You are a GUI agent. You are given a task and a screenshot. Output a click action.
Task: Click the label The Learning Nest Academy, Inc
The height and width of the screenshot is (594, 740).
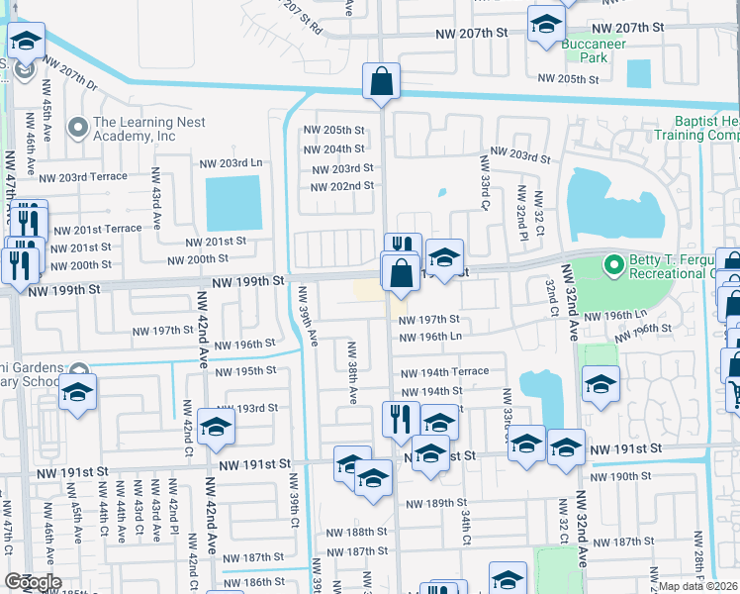pyautogui.click(x=135, y=129)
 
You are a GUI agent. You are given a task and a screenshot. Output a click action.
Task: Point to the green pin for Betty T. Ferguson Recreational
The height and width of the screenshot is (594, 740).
pyautogui.click(x=613, y=265)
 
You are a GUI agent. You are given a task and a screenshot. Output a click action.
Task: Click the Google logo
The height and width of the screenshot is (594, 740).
pyautogui.click(x=33, y=582)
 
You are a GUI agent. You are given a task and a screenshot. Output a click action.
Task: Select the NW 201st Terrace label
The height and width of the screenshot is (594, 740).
pyautogui.click(x=97, y=228)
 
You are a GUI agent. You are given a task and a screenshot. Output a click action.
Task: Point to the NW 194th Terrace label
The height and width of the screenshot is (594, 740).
pyautogui.click(x=444, y=371)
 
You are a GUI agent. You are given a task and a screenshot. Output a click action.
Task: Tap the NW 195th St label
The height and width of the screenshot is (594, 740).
pyautogui.click(x=242, y=370)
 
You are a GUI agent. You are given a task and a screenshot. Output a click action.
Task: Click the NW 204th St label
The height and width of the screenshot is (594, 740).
pyautogui.click(x=333, y=148)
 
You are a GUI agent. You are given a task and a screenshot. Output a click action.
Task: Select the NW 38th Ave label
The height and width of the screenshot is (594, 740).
pyautogui.click(x=350, y=374)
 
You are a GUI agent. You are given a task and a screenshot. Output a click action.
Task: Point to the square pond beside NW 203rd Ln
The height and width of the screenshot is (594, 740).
pyautogui.click(x=233, y=203)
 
